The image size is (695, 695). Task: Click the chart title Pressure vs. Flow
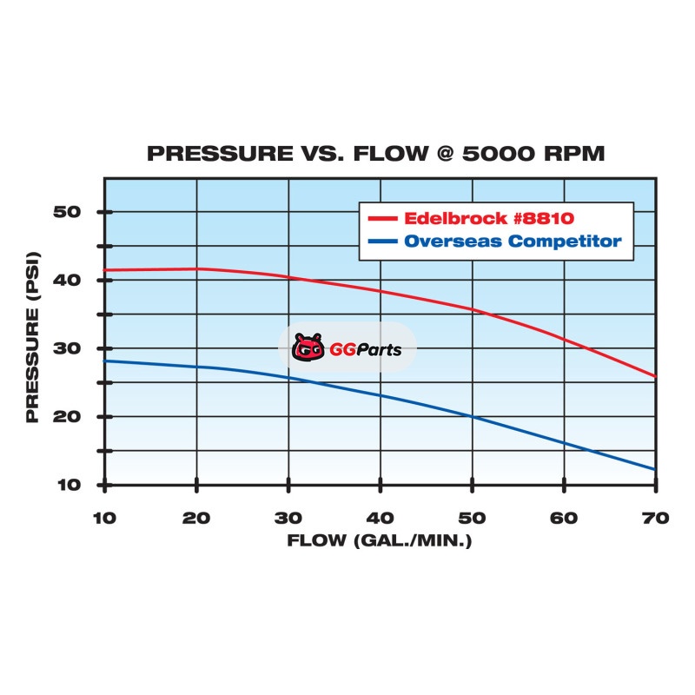click(375, 154)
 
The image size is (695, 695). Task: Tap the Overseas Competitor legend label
click(513, 241)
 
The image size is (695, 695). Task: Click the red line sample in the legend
click(383, 217)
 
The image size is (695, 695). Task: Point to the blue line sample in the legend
click(383, 241)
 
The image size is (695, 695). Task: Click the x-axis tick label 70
click(656, 519)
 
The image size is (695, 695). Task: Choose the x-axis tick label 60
click(564, 519)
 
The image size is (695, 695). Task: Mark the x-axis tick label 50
click(472, 519)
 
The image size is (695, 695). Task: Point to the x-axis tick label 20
click(196, 519)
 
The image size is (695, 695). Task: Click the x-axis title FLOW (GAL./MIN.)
click(380, 541)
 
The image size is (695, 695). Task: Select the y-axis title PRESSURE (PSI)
click(33, 347)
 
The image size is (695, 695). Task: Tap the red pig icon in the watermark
click(308, 348)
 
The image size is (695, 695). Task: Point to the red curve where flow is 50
click(472, 308)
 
